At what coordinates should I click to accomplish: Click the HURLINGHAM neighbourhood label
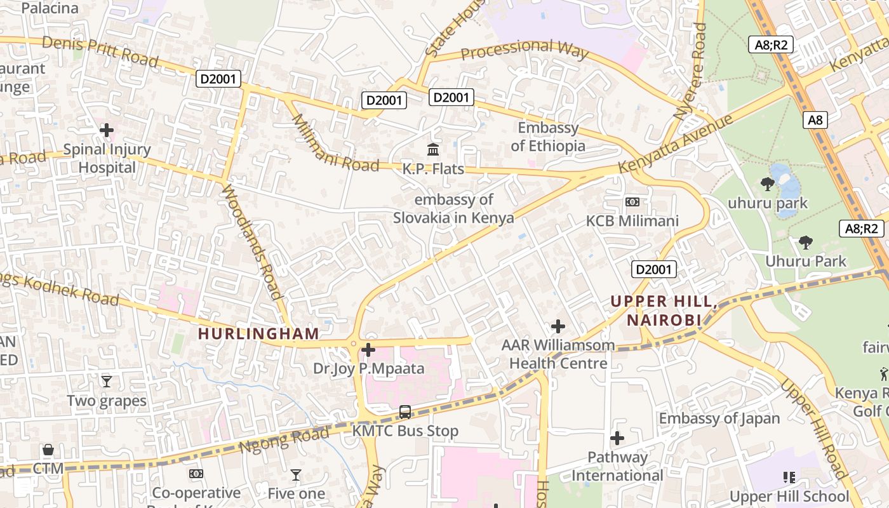pyautogui.click(x=258, y=333)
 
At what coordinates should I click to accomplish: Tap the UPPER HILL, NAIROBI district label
pyautogui.click(x=664, y=311)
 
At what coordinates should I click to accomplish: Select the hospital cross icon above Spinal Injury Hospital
pyautogui.click(x=107, y=130)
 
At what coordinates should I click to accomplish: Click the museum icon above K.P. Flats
pyautogui.click(x=433, y=150)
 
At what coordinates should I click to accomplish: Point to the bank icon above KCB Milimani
pyautogui.click(x=632, y=202)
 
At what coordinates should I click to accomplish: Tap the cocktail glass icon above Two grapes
pyautogui.click(x=107, y=381)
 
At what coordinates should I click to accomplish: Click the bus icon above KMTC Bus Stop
pyautogui.click(x=405, y=411)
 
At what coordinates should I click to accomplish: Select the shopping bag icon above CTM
pyautogui.click(x=48, y=450)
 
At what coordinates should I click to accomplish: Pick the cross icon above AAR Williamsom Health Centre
pyautogui.click(x=558, y=326)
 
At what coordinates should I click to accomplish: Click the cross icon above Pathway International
pyautogui.click(x=617, y=438)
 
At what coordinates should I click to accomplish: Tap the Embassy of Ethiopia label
pyautogui.click(x=548, y=137)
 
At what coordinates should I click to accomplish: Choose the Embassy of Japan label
pyautogui.click(x=719, y=418)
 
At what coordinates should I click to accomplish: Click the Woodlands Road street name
pyautogui.click(x=252, y=241)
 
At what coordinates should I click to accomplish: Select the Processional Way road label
pyautogui.click(x=525, y=49)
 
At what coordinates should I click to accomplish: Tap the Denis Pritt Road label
pyautogui.click(x=100, y=51)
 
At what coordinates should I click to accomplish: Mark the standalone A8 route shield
pyautogui.click(x=815, y=120)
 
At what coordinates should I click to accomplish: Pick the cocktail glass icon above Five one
pyautogui.click(x=296, y=474)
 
